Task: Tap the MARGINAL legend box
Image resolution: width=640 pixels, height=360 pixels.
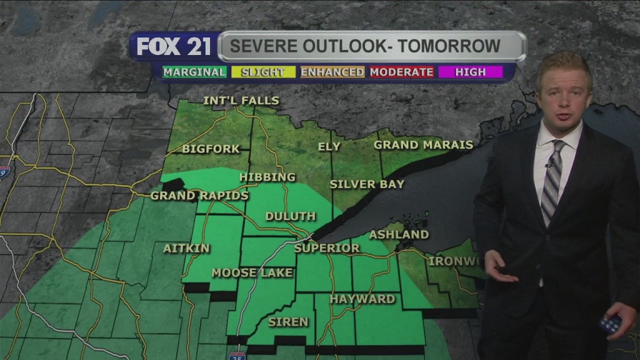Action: tap(194, 72)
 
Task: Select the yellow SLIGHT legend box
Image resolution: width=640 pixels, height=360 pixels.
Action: tap(262, 72)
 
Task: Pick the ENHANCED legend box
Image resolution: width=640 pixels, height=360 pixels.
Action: tap(332, 72)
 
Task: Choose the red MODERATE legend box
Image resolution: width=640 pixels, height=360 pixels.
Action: tap(402, 72)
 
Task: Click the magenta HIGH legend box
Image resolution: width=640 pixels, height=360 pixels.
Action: tap(471, 72)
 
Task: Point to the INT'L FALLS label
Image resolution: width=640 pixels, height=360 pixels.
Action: tap(241, 101)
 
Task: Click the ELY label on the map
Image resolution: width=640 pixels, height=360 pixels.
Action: tap(329, 147)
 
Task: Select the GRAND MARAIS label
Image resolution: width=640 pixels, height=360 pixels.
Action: tap(423, 145)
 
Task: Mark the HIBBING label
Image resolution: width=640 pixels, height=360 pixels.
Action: tap(267, 177)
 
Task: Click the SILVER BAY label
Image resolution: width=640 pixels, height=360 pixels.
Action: tap(367, 184)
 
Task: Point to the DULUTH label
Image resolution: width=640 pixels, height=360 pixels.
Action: tap(291, 216)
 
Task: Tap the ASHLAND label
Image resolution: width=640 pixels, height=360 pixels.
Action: tap(399, 235)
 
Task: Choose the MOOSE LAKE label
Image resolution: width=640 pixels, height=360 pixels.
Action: tap(252, 272)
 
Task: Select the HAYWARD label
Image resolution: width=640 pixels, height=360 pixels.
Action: tap(362, 299)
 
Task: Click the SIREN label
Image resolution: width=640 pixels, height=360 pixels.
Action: tap(288, 322)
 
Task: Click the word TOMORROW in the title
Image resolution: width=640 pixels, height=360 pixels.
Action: tap(447, 46)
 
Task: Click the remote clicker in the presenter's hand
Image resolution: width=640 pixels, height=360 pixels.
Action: tap(611, 323)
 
